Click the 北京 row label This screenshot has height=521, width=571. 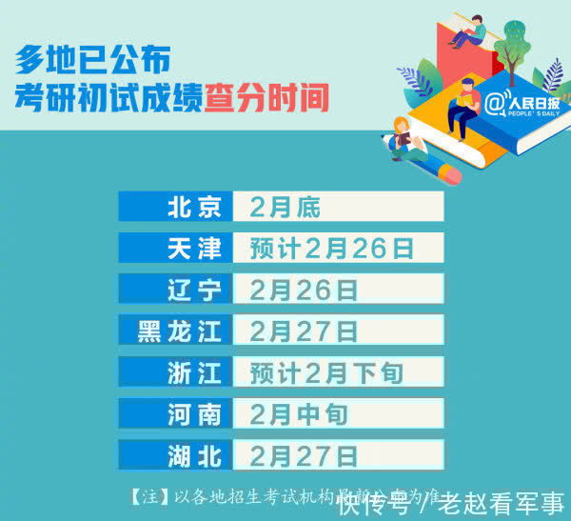(175, 207)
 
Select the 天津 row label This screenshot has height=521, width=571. (175, 248)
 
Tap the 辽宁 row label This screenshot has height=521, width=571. (175, 290)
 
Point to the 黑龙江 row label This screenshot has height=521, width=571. (175, 331)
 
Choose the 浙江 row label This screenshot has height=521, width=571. (175, 371)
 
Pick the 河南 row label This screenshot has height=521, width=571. (175, 413)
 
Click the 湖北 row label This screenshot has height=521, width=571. (175, 454)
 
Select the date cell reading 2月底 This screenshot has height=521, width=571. (338, 207)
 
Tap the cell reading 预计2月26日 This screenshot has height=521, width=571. (338, 248)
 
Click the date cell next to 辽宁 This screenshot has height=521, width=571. (338, 290)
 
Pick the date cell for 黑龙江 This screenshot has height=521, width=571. (338, 331)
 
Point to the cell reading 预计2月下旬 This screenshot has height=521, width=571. (338, 371)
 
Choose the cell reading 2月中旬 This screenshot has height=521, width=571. (338, 413)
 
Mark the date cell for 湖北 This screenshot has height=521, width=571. (338, 454)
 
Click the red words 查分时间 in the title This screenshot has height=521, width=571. (266, 97)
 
